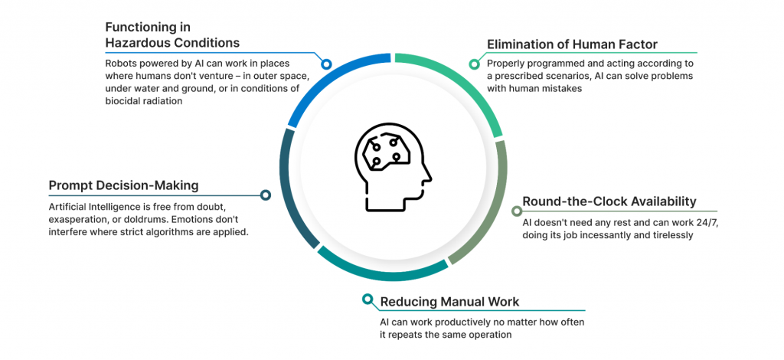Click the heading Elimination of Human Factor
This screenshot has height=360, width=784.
pyautogui.click(x=572, y=44)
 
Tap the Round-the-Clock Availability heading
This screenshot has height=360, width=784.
pyautogui.click(x=609, y=201)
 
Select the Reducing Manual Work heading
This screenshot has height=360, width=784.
pyautogui.click(x=449, y=302)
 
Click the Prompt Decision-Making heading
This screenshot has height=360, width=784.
pyautogui.click(x=123, y=186)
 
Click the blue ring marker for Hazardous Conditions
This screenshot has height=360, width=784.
pyautogui.click(x=326, y=64)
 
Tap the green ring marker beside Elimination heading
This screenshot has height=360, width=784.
pyautogui.click(x=473, y=64)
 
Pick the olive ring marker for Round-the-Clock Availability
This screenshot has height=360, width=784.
pyautogui.click(x=517, y=211)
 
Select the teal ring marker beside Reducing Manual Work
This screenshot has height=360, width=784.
pyautogui.click(x=368, y=299)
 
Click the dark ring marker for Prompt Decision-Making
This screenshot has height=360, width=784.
pyautogui.click(x=266, y=195)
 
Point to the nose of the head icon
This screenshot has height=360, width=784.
pyautogui.click(x=429, y=177)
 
